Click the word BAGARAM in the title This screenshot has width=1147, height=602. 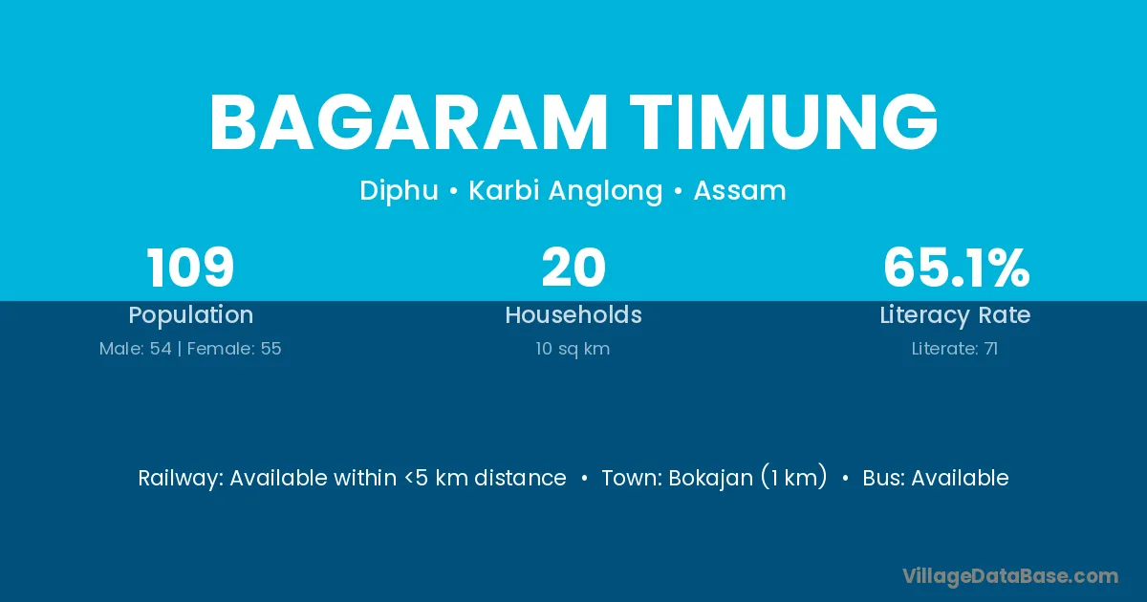[408, 123]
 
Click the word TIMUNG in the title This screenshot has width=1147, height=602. [784, 123]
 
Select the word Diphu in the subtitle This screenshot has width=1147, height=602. [399, 191]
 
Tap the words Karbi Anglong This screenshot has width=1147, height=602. [566, 191]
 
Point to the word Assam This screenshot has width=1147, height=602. [740, 190]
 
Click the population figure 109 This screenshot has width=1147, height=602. [190, 268]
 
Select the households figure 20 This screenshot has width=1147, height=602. [573, 268]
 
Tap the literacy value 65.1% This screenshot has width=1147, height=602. [956, 268]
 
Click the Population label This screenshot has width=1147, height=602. [191, 315]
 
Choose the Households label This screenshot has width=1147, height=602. [573, 314]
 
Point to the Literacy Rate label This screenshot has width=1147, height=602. [955, 315]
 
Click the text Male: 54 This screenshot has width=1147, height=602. [135, 349]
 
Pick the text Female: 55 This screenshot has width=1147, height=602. [234, 349]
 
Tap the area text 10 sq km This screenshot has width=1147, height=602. [573, 349]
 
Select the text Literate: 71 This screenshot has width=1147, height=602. [955, 349]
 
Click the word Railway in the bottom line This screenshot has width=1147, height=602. [181, 479]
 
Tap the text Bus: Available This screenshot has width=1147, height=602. [936, 478]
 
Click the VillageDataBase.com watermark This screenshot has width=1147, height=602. [1010, 576]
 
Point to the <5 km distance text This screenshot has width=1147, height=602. [486, 478]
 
